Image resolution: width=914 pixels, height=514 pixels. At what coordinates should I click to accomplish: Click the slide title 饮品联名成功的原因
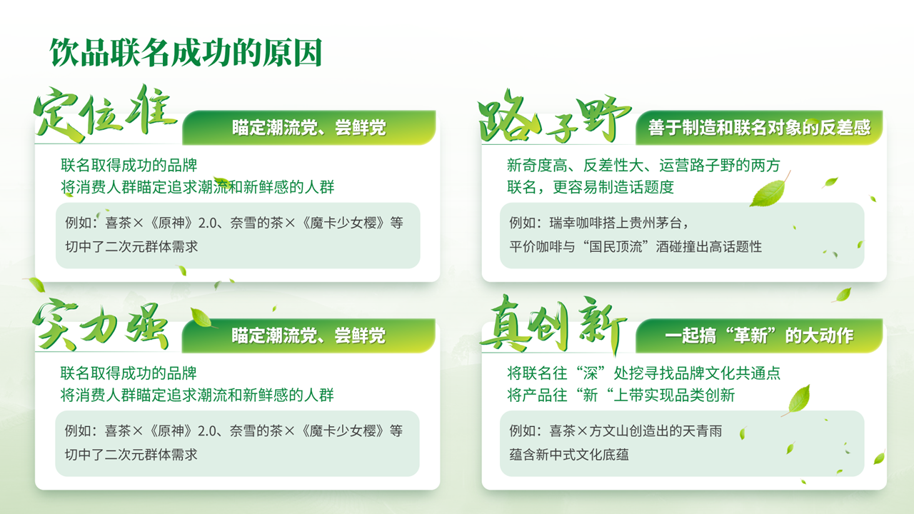pyautogui.click(x=186, y=53)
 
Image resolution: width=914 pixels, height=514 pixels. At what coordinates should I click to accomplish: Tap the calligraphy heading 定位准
pyautogui.click(x=105, y=114)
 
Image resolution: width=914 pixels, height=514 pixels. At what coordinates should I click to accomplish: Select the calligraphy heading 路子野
pyautogui.click(x=554, y=116)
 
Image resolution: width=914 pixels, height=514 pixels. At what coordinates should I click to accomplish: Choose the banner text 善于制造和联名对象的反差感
pyautogui.click(x=759, y=128)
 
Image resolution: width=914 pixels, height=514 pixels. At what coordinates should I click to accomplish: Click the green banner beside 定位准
pyautogui.click(x=309, y=127)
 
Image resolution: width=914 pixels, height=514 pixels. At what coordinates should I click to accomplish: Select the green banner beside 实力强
pyautogui.click(x=308, y=336)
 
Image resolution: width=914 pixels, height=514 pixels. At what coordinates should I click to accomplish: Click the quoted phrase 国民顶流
pyautogui.click(x=616, y=247)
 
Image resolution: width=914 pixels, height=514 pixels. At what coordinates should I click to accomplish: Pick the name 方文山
pyautogui.click(x=609, y=430)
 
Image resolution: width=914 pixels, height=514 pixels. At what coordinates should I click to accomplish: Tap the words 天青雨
pyautogui.click(x=702, y=430)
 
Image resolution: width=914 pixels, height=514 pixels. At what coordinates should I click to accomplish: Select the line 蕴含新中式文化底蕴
pyautogui.click(x=569, y=455)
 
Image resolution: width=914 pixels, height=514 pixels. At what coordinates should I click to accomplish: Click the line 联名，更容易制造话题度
pyautogui.click(x=591, y=187)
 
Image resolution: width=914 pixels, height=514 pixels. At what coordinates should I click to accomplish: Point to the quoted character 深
pyautogui.click(x=591, y=373)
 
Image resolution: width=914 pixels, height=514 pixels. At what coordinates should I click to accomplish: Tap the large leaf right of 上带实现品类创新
pyautogui.click(x=798, y=400)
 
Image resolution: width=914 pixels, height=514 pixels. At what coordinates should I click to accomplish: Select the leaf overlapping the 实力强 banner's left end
pyautogui.click(x=201, y=318)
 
